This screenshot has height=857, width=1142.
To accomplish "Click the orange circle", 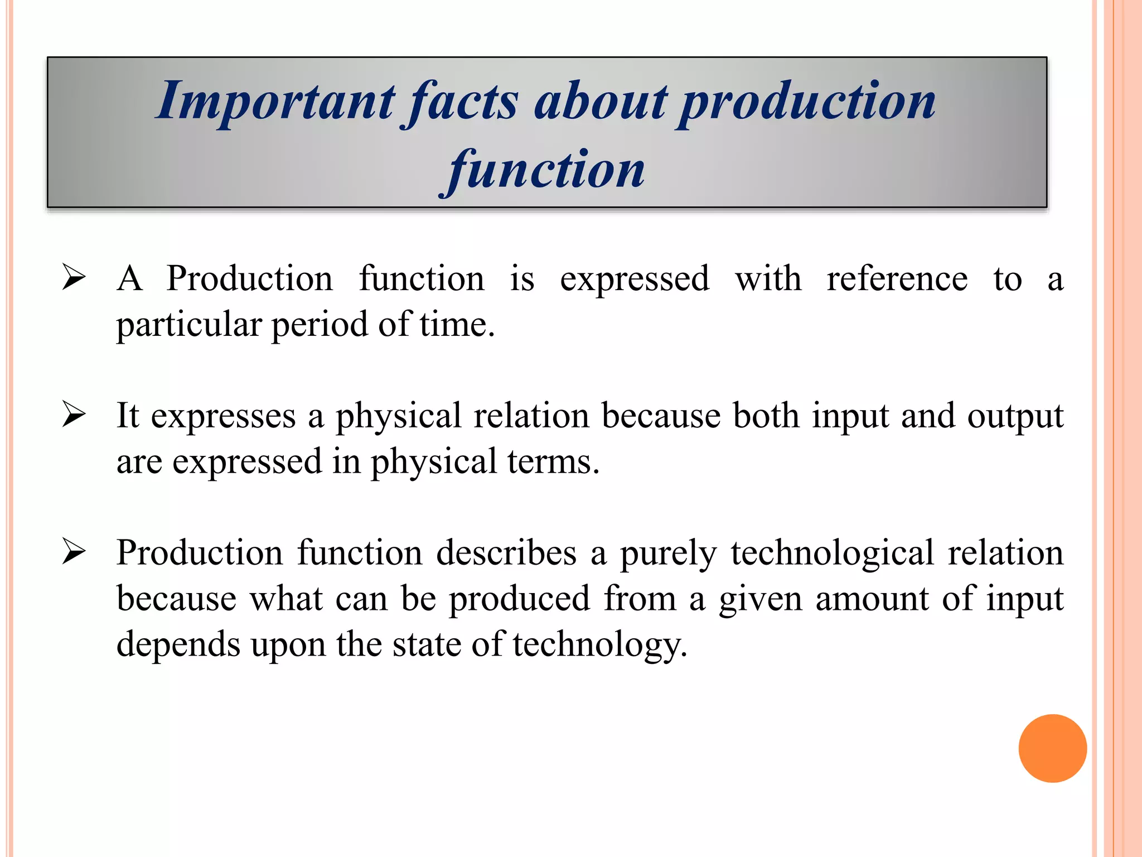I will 1052,748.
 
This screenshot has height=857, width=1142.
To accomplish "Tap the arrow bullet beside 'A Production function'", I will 74,277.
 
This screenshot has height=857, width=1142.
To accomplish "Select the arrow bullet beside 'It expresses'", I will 74,415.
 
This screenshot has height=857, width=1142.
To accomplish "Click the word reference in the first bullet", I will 897,278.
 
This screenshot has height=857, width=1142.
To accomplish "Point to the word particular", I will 189,325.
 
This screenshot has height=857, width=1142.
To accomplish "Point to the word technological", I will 832,554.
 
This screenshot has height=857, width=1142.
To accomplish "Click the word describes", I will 506,553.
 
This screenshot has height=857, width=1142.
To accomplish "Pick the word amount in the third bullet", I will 872,599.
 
